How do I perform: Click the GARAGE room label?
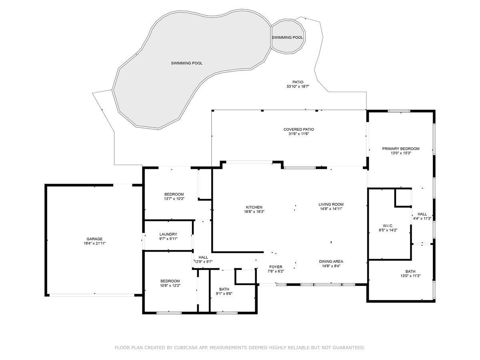pos(95,239)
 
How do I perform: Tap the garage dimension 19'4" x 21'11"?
pos(95,243)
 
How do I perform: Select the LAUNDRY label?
pos(168,234)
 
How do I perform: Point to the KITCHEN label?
pos(254,207)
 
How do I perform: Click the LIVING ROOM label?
pos(331,204)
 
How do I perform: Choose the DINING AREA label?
pos(331,262)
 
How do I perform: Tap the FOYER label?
pos(275,267)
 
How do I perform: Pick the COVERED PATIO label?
pos(298,130)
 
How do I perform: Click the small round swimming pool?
pos(288,37)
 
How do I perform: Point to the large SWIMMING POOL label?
pos(186,63)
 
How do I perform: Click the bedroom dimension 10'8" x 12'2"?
pos(170,286)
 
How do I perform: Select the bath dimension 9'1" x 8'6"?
pos(224,294)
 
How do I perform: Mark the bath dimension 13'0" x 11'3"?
pos(410,276)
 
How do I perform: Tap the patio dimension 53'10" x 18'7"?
pos(298,86)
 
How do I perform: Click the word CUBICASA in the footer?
pos(188,348)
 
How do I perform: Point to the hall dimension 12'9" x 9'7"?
pos(203,262)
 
